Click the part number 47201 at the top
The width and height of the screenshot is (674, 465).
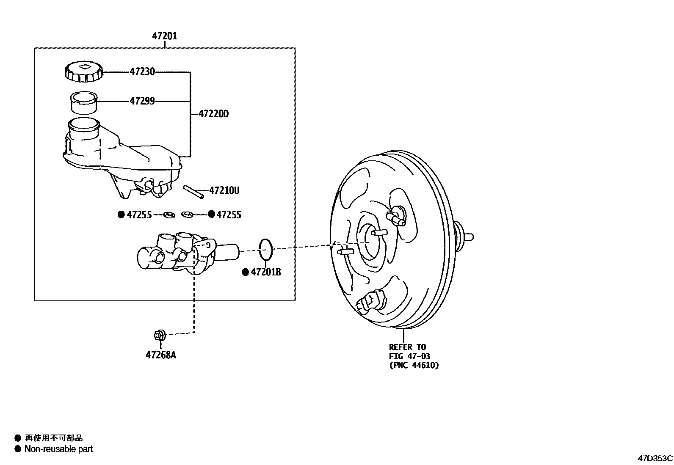coord(165,36)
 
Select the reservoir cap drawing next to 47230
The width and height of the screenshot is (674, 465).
coord(84,72)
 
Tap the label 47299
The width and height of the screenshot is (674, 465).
coord(142,101)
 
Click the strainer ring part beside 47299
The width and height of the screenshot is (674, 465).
coord(84,103)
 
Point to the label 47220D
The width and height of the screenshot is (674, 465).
coord(213,114)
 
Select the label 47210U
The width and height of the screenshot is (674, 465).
coord(224,191)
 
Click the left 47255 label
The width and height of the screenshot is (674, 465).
coord(139,215)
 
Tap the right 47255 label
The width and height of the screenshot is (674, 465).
coord(229,215)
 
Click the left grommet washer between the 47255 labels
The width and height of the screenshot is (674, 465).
coord(169,215)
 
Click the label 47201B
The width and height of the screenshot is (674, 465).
coord(265,272)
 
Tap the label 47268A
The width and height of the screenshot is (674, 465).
coord(160,355)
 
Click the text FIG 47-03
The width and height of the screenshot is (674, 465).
coord(409,356)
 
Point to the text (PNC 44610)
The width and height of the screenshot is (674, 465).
coord(414,365)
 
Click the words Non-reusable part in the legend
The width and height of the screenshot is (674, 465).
coord(58,449)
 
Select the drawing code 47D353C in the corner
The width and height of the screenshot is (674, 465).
coord(655,458)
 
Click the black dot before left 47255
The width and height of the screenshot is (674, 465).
coord(121,215)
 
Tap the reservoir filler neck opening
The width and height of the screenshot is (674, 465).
coord(84,124)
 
